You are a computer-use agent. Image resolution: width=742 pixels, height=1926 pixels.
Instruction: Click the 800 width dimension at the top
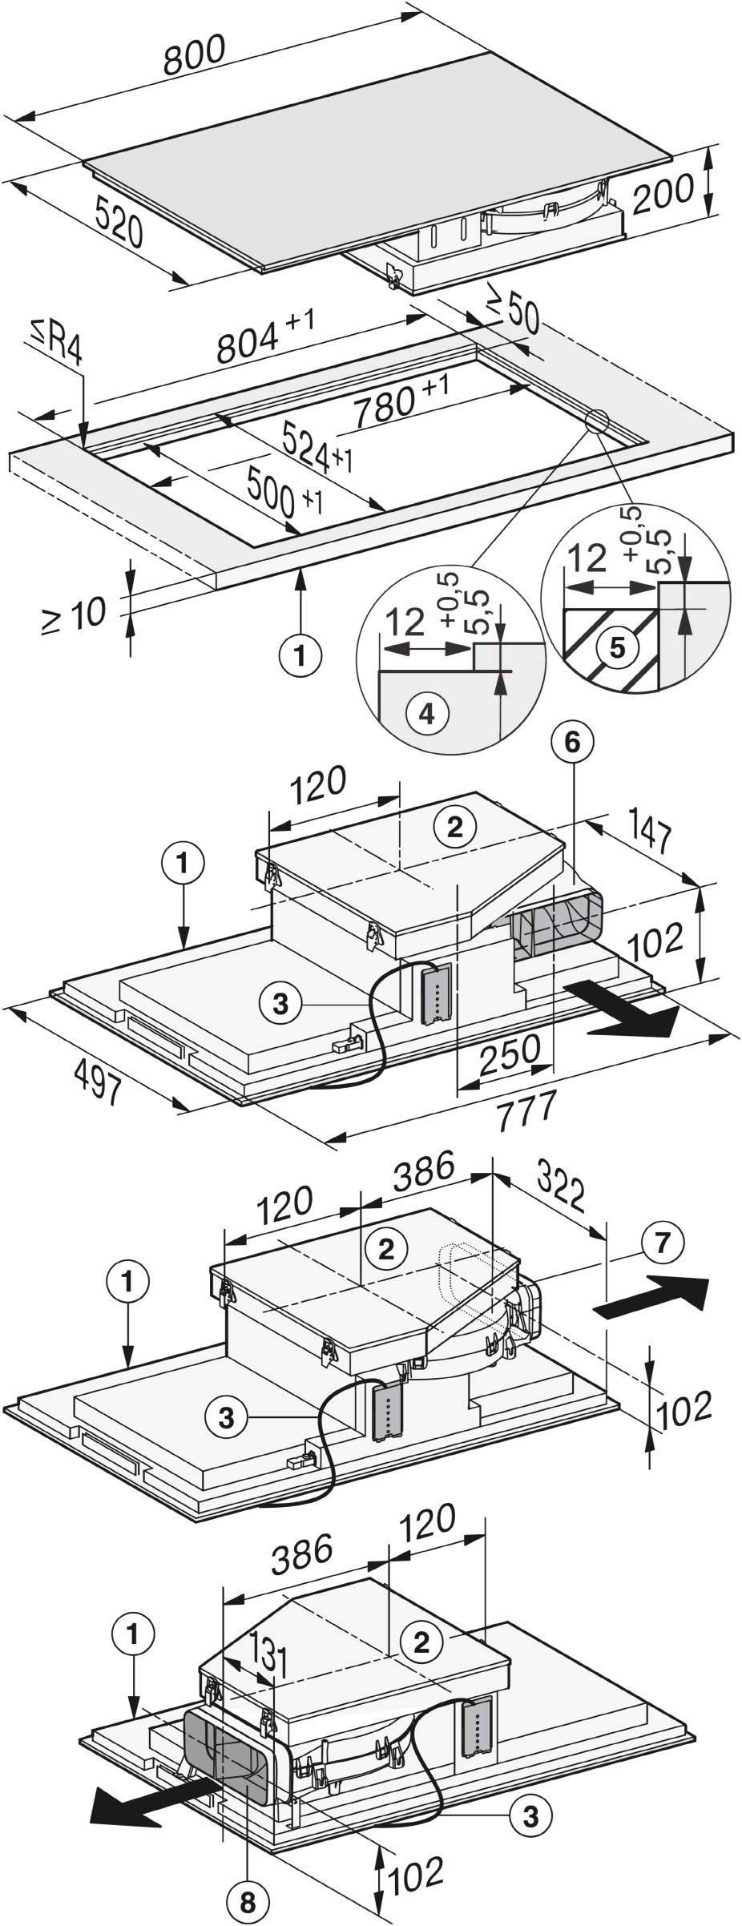tap(195, 54)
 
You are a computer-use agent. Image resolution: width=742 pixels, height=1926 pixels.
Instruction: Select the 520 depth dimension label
tap(119, 220)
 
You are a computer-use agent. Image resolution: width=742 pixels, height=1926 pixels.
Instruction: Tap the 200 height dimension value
tap(662, 195)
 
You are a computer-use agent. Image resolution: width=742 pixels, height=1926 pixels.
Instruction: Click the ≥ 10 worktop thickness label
tap(74, 617)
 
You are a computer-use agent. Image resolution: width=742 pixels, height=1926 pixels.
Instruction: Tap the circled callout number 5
tap(616, 647)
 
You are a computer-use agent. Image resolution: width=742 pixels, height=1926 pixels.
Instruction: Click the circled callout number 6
tap(571, 743)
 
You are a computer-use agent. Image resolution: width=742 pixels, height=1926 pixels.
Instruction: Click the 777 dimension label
tap(526, 1113)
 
